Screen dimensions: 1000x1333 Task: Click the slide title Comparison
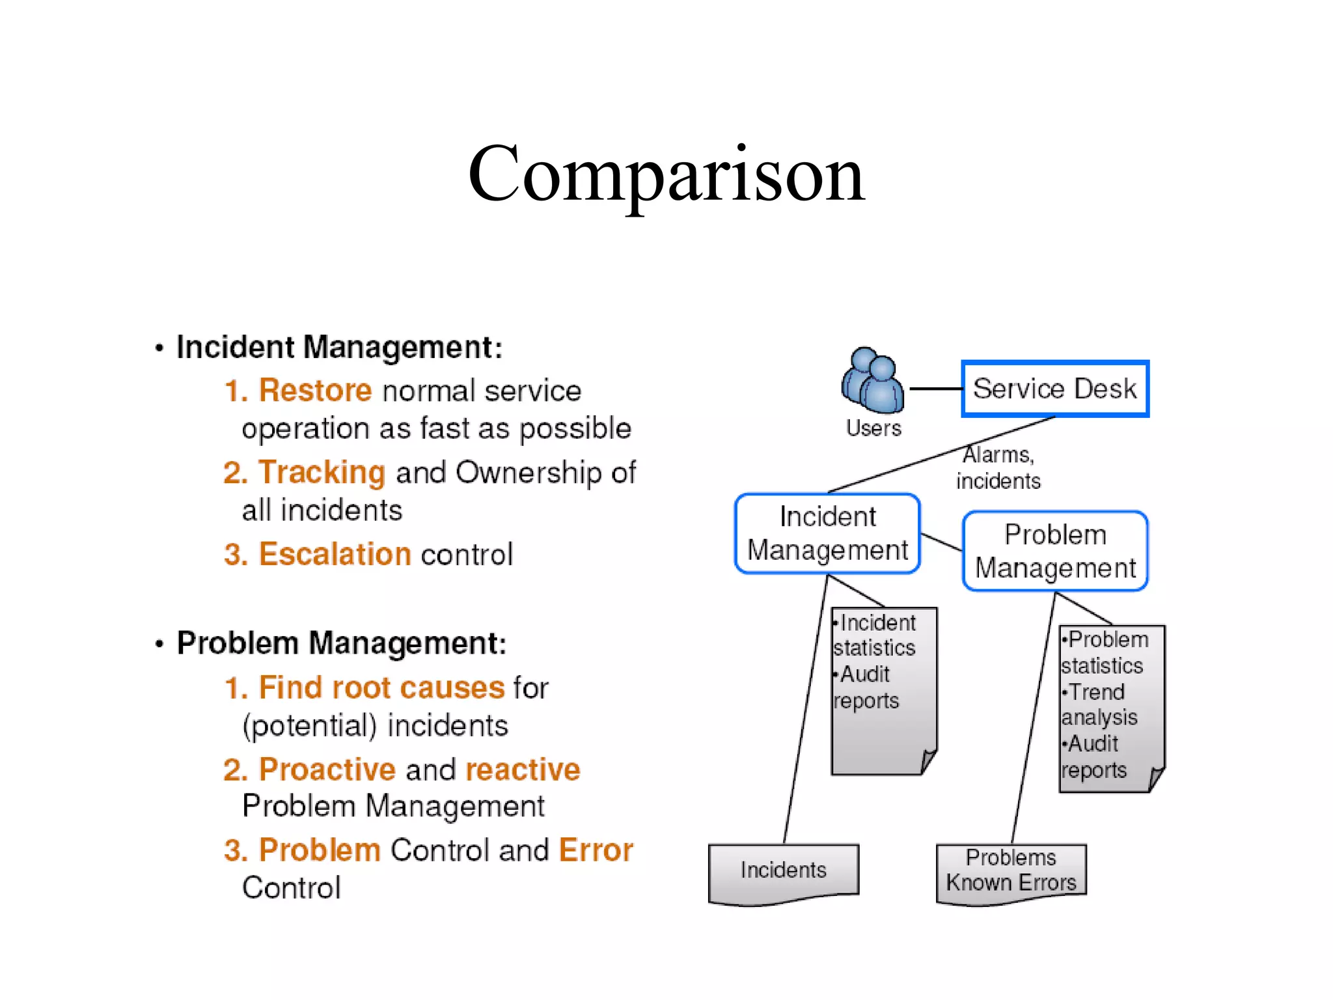click(666, 174)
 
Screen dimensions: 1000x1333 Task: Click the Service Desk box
click(1054, 389)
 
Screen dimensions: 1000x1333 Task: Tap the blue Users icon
click(873, 381)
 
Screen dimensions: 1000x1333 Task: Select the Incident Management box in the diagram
click(827, 534)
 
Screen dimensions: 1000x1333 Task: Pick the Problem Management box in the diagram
click(1055, 551)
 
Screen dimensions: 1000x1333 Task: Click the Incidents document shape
click(784, 870)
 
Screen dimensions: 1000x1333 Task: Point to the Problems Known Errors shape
click(1011, 870)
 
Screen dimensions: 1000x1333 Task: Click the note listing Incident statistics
click(883, 690)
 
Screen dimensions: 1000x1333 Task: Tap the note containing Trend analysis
click(1111, 708)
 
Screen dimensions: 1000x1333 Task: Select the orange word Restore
click(315, 391)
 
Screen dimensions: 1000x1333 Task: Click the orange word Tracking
click(322, 472)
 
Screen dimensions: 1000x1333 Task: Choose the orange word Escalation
click(335, 554)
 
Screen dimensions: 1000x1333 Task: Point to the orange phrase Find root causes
click(381, 687)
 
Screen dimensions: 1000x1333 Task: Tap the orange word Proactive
click(327, 770)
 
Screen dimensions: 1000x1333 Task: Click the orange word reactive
click(523, 770)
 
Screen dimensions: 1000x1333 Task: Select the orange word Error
click(596, 850)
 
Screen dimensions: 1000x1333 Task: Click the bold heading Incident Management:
click(339, 347)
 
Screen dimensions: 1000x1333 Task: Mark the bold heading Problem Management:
click(342, 643)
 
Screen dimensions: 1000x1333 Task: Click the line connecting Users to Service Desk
click(935, 389)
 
